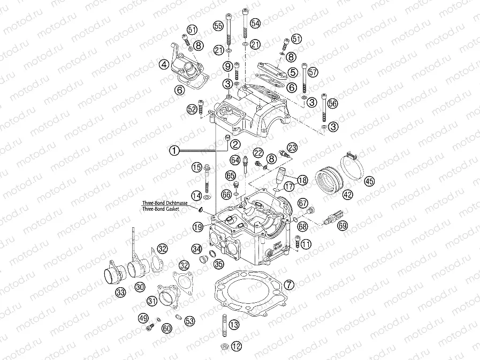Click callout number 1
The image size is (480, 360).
pyautogui.click(x=173, y=151)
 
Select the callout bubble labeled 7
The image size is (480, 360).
pyautogui.click(x=289, y=284)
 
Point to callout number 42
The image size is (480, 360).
pyautogui.click(x=348, y=195)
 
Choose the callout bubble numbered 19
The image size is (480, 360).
pyautogui.click(x=198, y=227)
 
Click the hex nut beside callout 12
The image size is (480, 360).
pyautogui.click(x=225, y=347)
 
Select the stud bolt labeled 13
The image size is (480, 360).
pyautogui.click(x=220, y=324)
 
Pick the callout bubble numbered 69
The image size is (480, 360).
pyautogui.click(x=342, y=226)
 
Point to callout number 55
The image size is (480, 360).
pyautogui.click(x=218, y=26)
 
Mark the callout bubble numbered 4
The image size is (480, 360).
pyautogui.click(x=164, y=64)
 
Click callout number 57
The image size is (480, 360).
pyautogui.click(x=313, y=72)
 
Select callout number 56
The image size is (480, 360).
pyautogui.click(x=332, y=104)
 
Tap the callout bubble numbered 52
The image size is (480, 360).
pyautogui.click(x=192, y=109)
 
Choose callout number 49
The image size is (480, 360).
pyautogui.click(x=143, y=318)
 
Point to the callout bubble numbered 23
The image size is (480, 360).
pyautogui.click(x=292, y=147)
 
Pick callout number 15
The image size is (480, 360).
pyautogui.click(x=196, y=167)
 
